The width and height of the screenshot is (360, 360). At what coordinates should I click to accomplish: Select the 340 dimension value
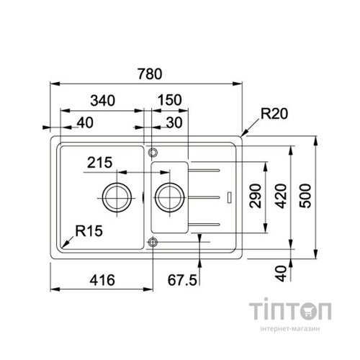tap(105, 100)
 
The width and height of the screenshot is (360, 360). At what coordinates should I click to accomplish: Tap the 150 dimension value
tap(169, 100)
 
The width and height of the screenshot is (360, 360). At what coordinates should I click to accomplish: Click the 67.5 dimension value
tap(182, 279)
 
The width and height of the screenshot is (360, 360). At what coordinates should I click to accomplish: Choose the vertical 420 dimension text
tap(283, 195)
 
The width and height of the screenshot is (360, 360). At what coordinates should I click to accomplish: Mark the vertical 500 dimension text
tap(309, 195)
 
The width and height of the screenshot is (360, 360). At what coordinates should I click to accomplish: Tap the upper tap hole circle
tap(152, 152)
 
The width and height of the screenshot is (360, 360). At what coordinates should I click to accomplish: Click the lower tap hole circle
tap(152, 241)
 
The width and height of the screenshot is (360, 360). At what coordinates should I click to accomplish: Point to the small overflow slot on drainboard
tap(230, 196)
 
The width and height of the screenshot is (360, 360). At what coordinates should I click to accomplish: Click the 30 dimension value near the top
tap(173, 123)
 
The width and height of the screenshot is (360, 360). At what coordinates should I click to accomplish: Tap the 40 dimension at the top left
tap(84, 123)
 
